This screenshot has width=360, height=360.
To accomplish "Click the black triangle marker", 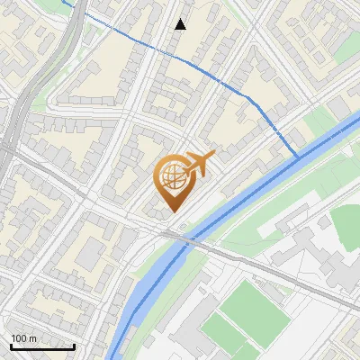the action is pos(181,23).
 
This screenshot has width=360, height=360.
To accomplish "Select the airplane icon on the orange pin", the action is pos(198,163).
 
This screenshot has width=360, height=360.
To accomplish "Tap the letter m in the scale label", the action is pos(34,338).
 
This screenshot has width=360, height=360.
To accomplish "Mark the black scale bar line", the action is pos(41,346).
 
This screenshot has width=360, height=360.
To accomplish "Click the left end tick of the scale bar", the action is pos(10,345).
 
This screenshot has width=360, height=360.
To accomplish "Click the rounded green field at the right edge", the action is pos(348,225).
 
